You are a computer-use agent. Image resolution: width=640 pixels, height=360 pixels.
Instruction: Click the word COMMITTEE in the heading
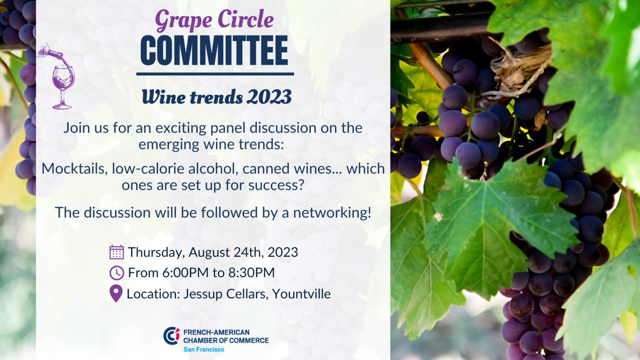click(x=214, y=50)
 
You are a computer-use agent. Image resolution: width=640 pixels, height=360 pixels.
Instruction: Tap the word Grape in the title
click(x=184, y=20)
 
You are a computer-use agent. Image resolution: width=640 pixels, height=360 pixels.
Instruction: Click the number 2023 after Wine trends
click(x=269, y=97)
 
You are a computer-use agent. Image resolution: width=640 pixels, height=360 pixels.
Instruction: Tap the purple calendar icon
click(x=117, y=252)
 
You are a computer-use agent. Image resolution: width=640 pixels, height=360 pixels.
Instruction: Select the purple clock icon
click(x=117, y=272)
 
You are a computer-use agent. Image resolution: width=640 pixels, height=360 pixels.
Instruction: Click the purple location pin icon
click(x=116, y=293)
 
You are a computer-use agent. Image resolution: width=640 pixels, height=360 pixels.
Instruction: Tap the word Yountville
click(x=301, y=294)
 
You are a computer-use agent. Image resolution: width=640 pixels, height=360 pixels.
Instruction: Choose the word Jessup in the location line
click(x=202, y=294)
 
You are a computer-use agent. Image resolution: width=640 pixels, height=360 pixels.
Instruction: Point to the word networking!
click(x=332, y=213)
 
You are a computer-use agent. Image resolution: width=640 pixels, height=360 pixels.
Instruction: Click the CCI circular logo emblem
click(x=171, y=336)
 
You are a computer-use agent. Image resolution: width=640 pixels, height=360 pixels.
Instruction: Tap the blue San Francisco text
click(x=204, y=350)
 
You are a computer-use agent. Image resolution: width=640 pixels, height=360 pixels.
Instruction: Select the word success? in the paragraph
click(x=276, y=185)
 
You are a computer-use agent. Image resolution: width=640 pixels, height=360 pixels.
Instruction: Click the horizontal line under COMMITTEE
click(x=215, y=74)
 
